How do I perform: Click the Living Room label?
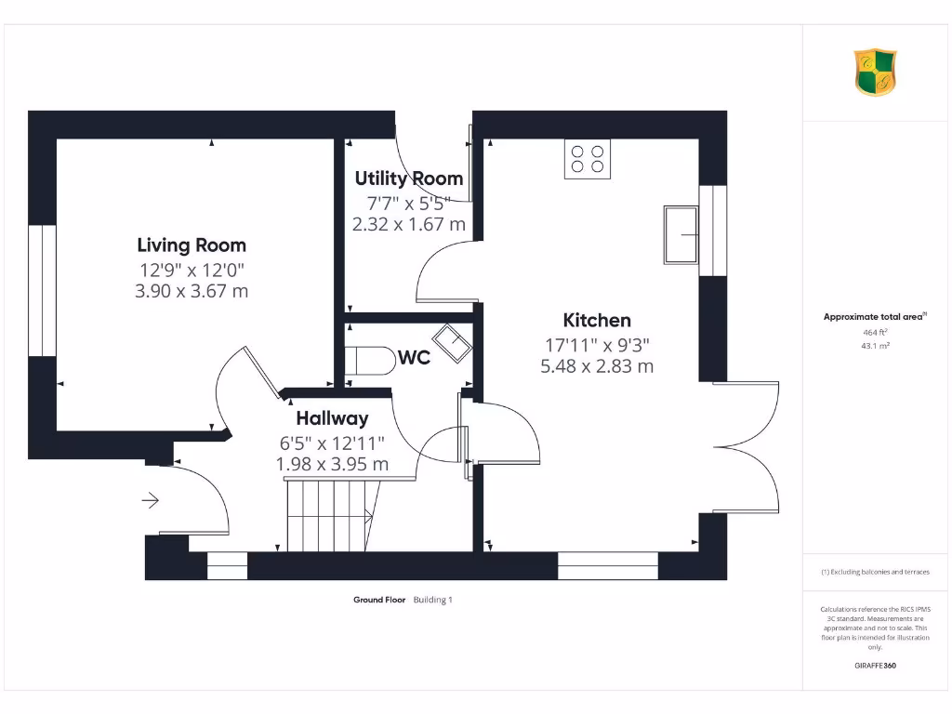192,245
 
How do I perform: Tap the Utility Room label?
408,178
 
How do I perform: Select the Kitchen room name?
597,321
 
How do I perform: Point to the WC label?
414,358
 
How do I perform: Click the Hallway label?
332,418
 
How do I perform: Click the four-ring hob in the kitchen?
588,159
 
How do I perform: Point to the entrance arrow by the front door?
150,502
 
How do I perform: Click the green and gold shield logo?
875,73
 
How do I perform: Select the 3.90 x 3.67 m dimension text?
192,291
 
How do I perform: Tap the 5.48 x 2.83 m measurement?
597,366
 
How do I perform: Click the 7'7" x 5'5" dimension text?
408,202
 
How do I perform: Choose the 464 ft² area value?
875,332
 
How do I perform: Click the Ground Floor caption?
379,600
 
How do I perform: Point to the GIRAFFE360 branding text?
875,666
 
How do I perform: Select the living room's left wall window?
42,290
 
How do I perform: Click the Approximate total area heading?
874,317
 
